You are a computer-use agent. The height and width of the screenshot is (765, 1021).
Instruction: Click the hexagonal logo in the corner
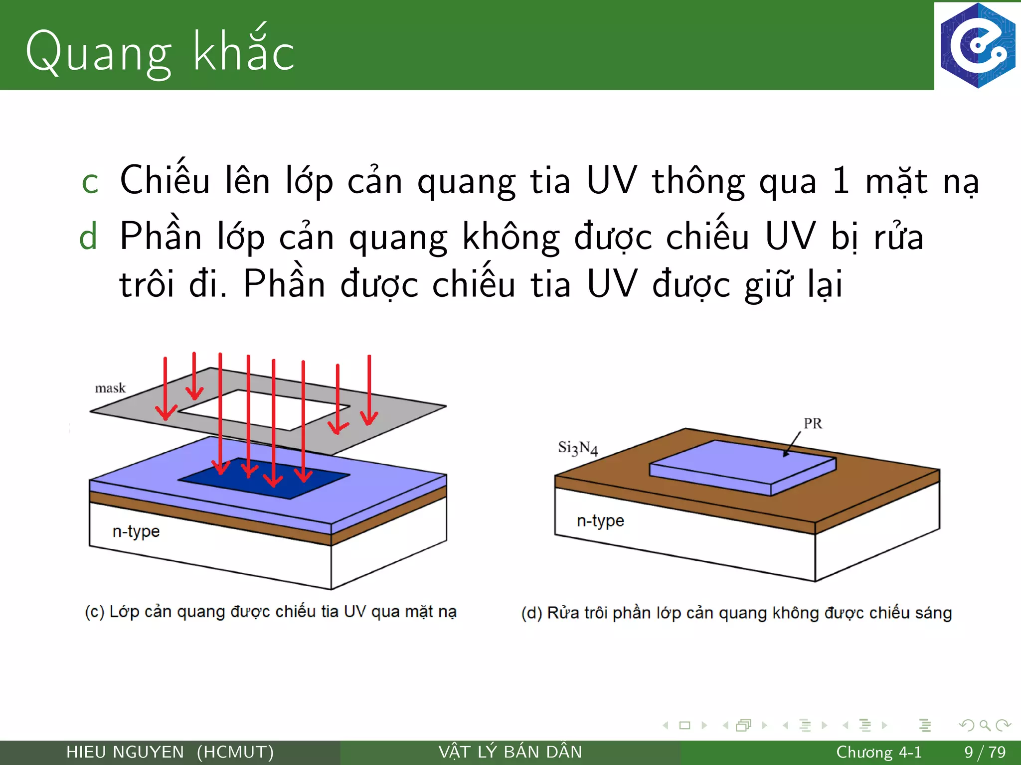pyautogui.click(x=977, y=45)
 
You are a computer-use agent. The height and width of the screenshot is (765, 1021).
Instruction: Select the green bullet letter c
pyautogui.click(x=90, y=182)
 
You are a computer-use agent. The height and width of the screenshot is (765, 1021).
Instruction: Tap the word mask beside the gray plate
pyautogui.click(x=110, y=388)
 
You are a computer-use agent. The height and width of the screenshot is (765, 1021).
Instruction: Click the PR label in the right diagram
pyautogui.click(x=813, y=423)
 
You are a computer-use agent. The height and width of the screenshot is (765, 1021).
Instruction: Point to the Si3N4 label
pyautogui.click(x=577, y=448)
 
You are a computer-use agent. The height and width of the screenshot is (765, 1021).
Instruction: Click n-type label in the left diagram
pyautogui.click(x=136, y=531)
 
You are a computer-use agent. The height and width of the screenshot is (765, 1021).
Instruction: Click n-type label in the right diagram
pyautogui.click(x=600, y=521)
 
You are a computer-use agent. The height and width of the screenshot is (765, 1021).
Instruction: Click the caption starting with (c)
pyautogui.click(x=271, y=612)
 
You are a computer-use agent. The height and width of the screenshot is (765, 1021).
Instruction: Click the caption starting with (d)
pyautogui.click(x=736, y=613)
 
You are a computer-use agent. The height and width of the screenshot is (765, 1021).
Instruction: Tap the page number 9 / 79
pyautogui.click(x=985, y=752)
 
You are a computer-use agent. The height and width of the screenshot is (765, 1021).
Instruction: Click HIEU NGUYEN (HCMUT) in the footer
pyautogui.click(x=170, y=752)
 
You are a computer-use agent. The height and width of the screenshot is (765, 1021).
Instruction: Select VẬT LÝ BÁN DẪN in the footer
pyautogui.click(x=510, y=752)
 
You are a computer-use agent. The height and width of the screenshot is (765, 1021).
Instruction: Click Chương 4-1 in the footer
pyautogui.click(x=878, y=752)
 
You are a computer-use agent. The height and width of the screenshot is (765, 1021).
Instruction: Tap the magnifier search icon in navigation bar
pyautogui.click(x=985, y=725)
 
